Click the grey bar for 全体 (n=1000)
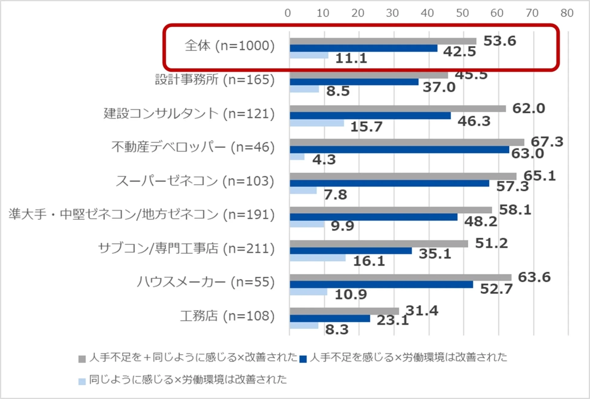pos(383,41)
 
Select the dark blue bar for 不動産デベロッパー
pos(399,149)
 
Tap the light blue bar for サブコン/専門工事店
pos(317,258)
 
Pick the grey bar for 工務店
pos(344,311)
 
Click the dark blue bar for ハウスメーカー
pos(381,284)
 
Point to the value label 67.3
pos(547,142)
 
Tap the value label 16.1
pos(369,261)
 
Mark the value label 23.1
pos(393,321)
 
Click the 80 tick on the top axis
pos(567,13)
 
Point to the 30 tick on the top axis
pos(393,13)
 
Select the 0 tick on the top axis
pos(288,13)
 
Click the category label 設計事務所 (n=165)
pos(215,80)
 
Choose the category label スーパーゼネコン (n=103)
pos(195,182)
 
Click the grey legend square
pos(82,358)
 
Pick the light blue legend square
pos(82,381)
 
